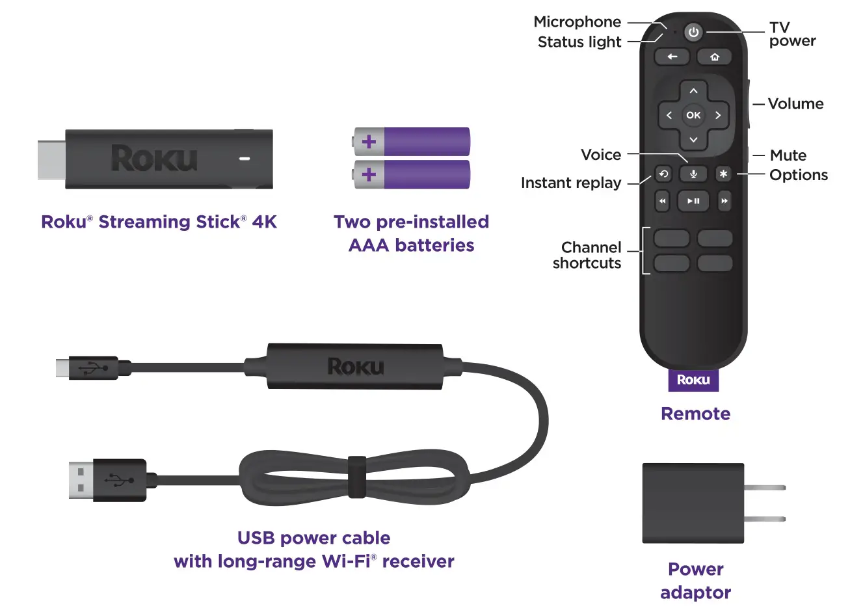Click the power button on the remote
coord(693,32)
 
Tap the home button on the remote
coord(715,57)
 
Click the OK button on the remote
coord(693,115)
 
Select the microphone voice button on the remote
coord(693,174)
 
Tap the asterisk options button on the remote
coord(723,174)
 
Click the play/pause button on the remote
coord(693,201)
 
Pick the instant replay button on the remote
coord(663,174)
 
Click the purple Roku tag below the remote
coord(693,380)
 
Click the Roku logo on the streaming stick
coord(154,159)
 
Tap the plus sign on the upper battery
coord(369,141)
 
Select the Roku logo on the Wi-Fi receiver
coord(355,366)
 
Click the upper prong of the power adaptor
coord(765,487)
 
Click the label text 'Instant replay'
coord(570,183)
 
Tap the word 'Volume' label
coord(795,104)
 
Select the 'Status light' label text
coord(579,42)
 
